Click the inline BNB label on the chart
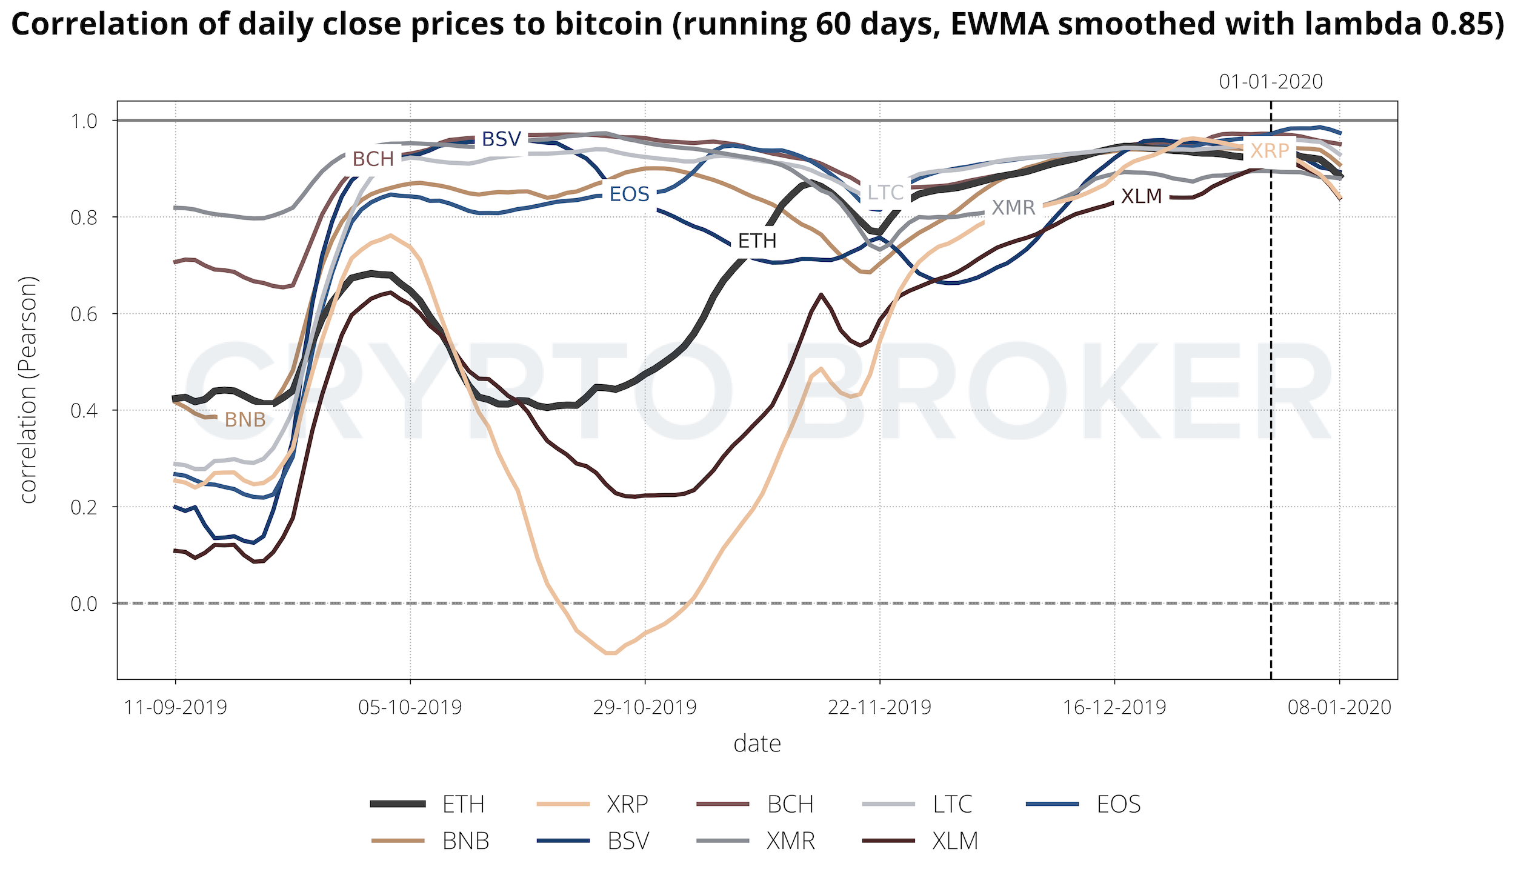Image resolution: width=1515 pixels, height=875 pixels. (x=245, y=419)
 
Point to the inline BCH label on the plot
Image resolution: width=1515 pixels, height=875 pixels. (x=373, y=159)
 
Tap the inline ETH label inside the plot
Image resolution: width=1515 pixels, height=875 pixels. (x=757, y=241)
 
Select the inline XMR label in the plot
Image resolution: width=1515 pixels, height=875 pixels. (x=1014, y=208)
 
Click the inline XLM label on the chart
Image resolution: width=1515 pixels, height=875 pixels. (x=1142, y=196)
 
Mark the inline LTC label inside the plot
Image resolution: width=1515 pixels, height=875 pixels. (x=885, y=193)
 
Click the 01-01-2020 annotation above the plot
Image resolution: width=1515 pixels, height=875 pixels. (x=1271, y=82)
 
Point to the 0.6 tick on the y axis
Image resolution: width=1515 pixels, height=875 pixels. (x=84, y=314)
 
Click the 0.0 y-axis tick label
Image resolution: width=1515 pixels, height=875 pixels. (x=84, y=604)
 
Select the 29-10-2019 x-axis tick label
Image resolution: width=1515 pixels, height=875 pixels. (x=645, y=707)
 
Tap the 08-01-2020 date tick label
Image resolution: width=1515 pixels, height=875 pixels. (x=1340, y=707)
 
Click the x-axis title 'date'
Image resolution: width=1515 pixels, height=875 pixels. (x=757, y=744)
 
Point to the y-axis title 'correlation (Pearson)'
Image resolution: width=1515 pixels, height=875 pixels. (x=28, y=390)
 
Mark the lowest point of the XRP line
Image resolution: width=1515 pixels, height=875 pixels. (x=610, y=653)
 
